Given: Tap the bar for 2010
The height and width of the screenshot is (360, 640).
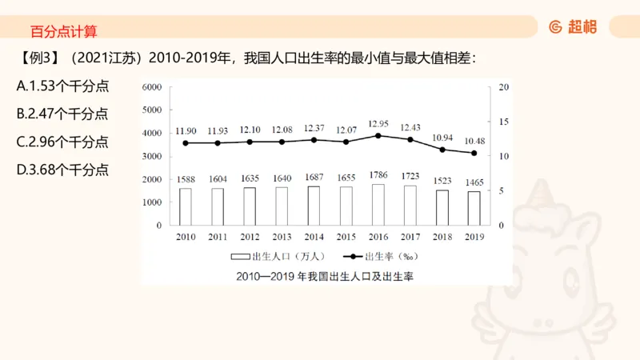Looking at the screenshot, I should pos(185,206).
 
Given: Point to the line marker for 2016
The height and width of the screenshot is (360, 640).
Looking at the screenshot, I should pos(378,135).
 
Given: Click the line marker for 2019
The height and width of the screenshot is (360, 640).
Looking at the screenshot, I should pos(474,153).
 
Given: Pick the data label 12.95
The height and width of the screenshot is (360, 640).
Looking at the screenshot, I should pos(378,123).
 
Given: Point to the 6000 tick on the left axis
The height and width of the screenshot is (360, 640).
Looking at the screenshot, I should pos(152,86).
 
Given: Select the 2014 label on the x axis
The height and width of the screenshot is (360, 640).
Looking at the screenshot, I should pos(314,237).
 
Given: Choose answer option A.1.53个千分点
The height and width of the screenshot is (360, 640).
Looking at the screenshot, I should pos(62,86).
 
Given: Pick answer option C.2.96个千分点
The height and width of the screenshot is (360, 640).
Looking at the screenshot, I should pos(62,142).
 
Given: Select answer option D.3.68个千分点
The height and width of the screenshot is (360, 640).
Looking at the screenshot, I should pos(62,170).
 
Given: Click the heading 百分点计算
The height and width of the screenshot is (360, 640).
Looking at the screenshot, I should pos(63,32).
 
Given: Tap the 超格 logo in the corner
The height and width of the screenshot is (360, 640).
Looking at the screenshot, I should pos(573,26).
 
